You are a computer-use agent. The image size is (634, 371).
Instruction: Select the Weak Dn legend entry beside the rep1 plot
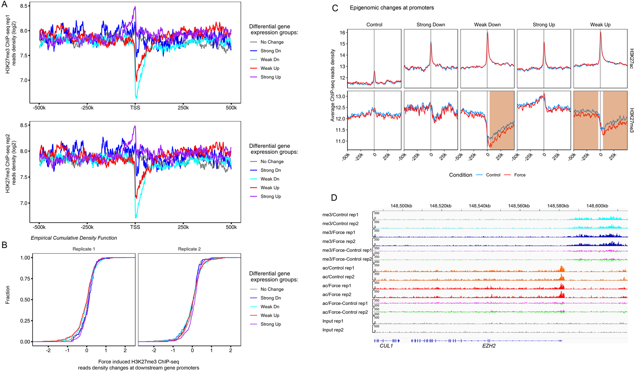(270, 60)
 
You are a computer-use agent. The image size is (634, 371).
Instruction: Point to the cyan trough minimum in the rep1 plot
(136, 97)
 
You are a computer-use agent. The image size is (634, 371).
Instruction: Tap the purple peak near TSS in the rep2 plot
(135, 127)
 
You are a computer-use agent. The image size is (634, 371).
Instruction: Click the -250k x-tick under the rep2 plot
(87, 227)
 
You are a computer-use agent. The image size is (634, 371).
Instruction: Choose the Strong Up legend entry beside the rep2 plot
(271, 196)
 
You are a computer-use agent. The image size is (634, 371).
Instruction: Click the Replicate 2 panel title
(189, 249)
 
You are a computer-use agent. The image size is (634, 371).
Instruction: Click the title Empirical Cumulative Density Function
(74, 238)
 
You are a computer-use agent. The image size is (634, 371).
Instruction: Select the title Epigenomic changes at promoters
(391, 8)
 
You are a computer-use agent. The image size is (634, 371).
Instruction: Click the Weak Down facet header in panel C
(487, 25)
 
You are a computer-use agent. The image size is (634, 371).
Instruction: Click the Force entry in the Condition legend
(520, 175)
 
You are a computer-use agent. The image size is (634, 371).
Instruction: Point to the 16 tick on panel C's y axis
(342, 33)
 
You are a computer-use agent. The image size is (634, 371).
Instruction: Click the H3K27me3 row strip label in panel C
(631, 120)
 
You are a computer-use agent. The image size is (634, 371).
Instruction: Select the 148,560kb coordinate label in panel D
(519, 206)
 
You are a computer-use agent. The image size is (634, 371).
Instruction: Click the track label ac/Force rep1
(337, 286)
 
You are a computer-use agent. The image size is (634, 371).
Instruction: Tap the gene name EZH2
(489, 346)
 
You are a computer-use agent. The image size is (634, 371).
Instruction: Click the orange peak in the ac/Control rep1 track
(561, 269)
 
